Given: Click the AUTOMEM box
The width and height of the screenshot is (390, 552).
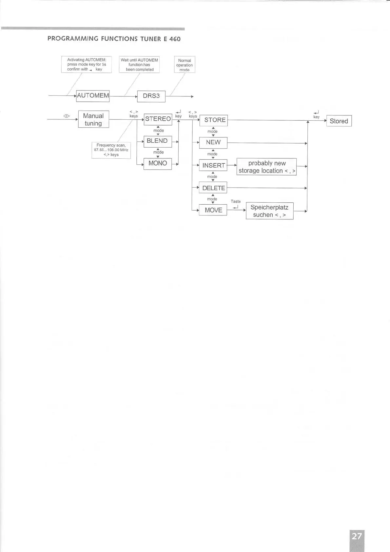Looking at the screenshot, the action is click(x=93, y=96).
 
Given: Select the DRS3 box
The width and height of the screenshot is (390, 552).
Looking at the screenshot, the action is click(x=151, y=96).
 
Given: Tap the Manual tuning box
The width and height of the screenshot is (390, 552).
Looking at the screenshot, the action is click(x=93, y=119).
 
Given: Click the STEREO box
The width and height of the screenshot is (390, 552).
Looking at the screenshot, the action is click(x=158, y=119).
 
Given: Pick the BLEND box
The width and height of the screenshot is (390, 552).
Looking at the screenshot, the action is click(x=157, y=141).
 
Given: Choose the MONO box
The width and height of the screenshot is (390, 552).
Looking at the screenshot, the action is click(x=158, y=163).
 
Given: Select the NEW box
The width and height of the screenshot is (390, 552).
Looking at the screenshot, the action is click(x=213, y=143).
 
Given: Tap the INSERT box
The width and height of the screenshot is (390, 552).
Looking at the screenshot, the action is click(x=213, y=165).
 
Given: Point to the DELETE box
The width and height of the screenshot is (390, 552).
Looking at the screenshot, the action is click(x=213, y=188).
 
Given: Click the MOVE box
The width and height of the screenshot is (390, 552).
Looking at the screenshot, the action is click(x=213, y=210).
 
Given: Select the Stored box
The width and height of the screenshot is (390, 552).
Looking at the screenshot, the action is click(x=339, y=121).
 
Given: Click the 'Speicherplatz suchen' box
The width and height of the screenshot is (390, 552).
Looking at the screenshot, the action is click(x=269, y=211).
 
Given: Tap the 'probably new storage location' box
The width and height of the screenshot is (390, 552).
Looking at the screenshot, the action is click(x=266, y=167).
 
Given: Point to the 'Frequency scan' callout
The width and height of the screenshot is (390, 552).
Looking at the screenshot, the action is click(x=111, y=150).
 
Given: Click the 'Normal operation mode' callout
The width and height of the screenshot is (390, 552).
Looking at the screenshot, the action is click(x=185, y=65).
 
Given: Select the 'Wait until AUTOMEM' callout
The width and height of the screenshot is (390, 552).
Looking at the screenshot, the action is click(x=139, y=65).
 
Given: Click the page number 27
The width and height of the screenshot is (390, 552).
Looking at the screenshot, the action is click(x=357, y=537).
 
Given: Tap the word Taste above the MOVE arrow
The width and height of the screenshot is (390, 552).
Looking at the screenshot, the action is click(x=236, y=201).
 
